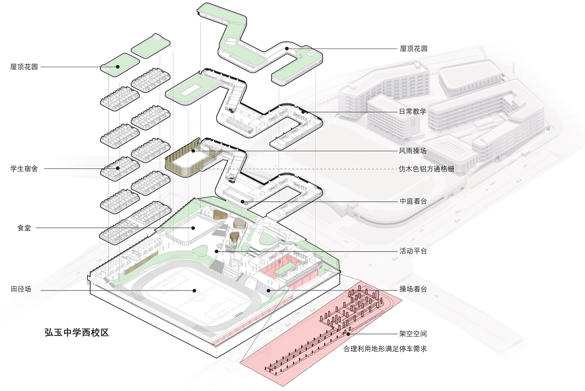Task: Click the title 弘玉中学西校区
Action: pyautogui.click(x=76, y=332)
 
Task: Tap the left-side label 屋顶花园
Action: pyautogui.click(x=24, y=67)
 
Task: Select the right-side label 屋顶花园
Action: pyautogui.click(x=413, y=49)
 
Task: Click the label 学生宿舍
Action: pyautogui.click(x=24, y=169)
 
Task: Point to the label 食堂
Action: pyautogui.click(x=24, y=228)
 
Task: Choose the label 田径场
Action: pyautogui.click(x=21, y=289)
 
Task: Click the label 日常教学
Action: pyautogui.click(x=413, y=112)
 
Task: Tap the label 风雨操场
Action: pyautogui.click(x=413, y=151)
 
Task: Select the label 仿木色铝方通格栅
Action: pyautogui.click(x=426, y=169)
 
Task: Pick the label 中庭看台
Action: pyautogui.click(x=413, y=201)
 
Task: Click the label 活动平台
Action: pyautogui.click(x=413, y=251)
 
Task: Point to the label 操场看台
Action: pyautogui.click(x=413, y=289)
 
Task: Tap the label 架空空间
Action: pyautogui.click(x=413, y=334)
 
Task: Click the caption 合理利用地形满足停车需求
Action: pyautogui.click(x=385, y=349)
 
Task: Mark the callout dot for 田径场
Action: pyautogui.click(x=194, y=290)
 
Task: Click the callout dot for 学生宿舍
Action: pyautogui.click(x=118, y=168)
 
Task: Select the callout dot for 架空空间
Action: pyautogui.click(x=349, y=334)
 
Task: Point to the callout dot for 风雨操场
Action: pyautogui.click(x=193, y=151)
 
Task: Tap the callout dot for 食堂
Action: pyautogui.click(x=193, y=228)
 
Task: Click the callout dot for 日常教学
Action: pyautogui.click(x=303, y=112)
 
